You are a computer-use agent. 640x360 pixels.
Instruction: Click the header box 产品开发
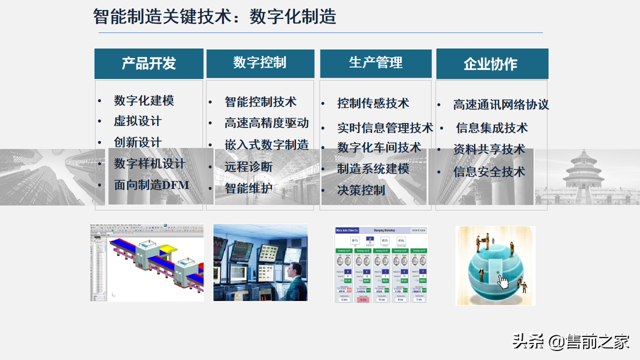(149, 63)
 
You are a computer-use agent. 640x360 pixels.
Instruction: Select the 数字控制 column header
(260, 63)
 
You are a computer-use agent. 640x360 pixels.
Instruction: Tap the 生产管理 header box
(375, 63)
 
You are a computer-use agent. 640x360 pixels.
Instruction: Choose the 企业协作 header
(491, 63)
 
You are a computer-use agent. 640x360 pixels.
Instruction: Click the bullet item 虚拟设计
(137, 121)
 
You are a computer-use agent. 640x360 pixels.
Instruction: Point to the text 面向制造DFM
(151, 185)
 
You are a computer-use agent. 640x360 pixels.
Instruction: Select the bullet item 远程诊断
(248, 166)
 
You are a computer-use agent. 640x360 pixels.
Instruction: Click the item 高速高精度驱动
(266, 123)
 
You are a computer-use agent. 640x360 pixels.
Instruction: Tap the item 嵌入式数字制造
(266, 145)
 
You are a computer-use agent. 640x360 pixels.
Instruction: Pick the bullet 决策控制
(361, 190)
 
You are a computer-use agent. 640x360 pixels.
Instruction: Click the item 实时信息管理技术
(385, 128)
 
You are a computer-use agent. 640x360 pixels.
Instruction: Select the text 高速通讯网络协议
(501, 104)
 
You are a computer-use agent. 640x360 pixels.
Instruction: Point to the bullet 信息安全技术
(489, 171)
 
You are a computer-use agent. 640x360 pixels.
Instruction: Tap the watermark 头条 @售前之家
(570, 342)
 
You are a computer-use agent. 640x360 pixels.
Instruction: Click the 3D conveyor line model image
(147, 262)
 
